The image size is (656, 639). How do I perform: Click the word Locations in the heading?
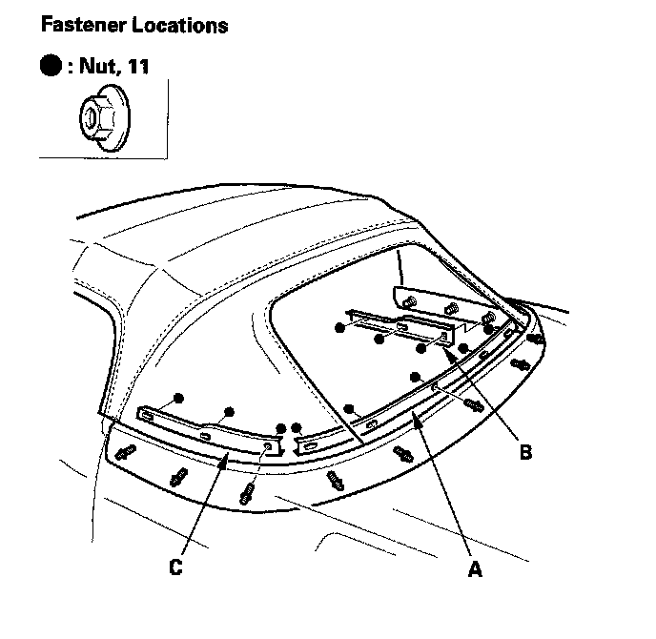pos(178,25)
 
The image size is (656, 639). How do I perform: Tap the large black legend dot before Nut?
pos(51,67)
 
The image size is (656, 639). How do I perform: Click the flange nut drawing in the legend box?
pos(101,119)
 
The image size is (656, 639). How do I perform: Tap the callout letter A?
pos(474,569)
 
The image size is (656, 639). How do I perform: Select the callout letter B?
pos(524,452)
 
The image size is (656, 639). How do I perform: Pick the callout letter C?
pos(174,568)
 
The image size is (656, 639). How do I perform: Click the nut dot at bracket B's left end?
pos(339,327)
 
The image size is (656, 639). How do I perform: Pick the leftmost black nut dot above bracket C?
pos(177,396)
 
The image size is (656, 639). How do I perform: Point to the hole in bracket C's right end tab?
pos(268,445)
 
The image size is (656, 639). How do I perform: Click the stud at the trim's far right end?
pos(537,337)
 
